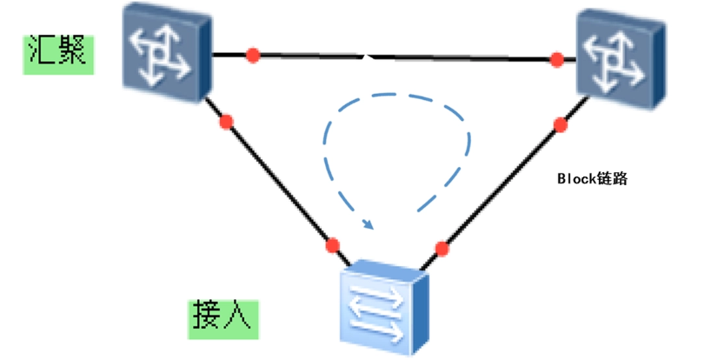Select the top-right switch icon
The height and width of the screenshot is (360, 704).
(x=621, y=54)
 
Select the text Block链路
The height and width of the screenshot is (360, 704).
(x=591, y=178)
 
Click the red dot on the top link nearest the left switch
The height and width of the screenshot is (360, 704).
(x=253, y=56)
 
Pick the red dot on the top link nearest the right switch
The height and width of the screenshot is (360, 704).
(x=557, y=60)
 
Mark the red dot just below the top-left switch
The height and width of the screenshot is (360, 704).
(x=227, y=122)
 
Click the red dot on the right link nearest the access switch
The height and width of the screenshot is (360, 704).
(x=442, y=249)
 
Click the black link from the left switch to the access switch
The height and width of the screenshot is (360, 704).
(x=278, y=183)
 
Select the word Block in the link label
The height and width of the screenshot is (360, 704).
(x=573, y=178)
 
